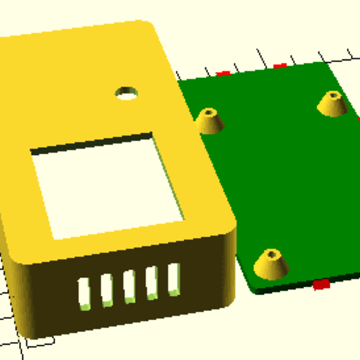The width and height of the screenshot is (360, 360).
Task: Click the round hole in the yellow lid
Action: (x=126, y=92)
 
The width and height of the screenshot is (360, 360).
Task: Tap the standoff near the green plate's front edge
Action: (x=271, y=264)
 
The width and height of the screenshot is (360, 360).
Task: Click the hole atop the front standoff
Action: (x=272, y=254)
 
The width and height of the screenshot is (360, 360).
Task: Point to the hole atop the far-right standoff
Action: (x=333, y=96)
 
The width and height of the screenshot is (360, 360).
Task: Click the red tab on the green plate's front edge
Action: (x=321, y=284)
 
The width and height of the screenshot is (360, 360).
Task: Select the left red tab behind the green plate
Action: (x=223, y=73)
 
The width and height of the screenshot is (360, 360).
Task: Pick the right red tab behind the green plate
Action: (x=280, y=66)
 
